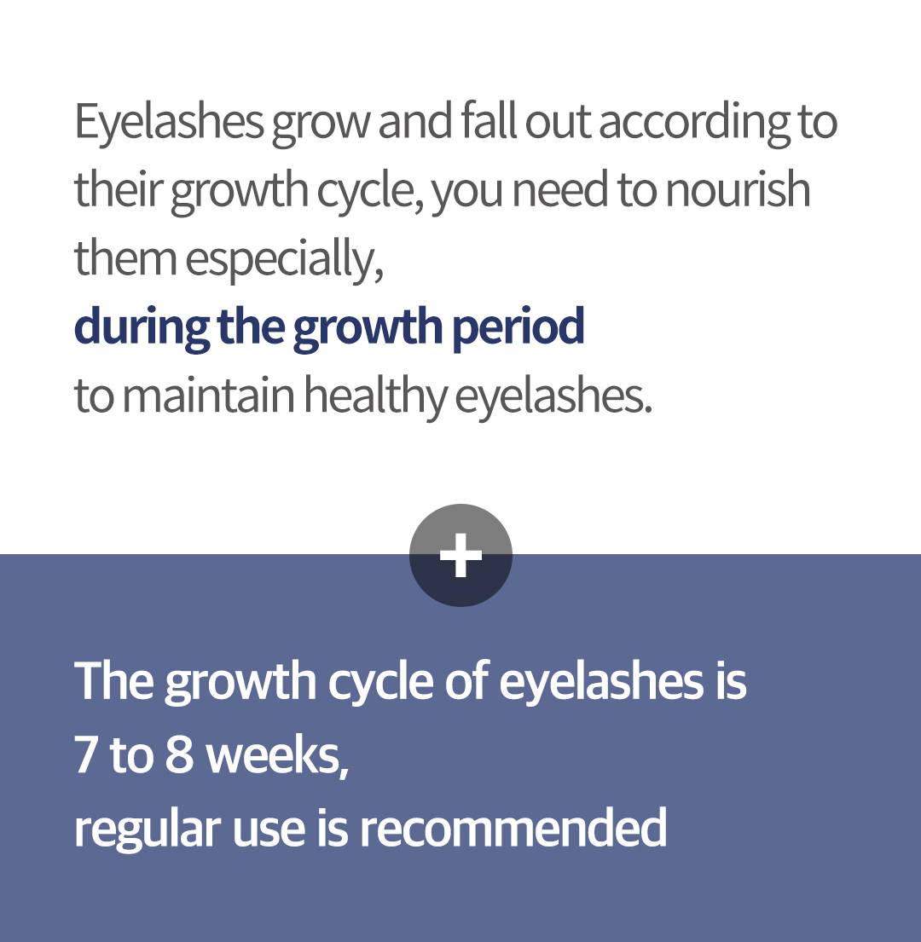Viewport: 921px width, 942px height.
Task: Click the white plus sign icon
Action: tap(460, 555)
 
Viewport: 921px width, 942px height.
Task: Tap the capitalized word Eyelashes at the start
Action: tap(169, 123)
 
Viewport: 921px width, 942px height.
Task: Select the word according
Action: tap(694, 123)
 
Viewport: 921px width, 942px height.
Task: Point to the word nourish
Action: tap(738, 190)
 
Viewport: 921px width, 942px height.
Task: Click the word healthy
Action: tap(375, 396)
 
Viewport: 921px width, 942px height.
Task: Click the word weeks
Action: tap(277, 757)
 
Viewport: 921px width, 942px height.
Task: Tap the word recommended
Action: tap(513, 827)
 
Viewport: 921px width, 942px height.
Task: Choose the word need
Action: tap(560, 190)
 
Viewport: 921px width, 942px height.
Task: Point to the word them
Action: tap(125, 257)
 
